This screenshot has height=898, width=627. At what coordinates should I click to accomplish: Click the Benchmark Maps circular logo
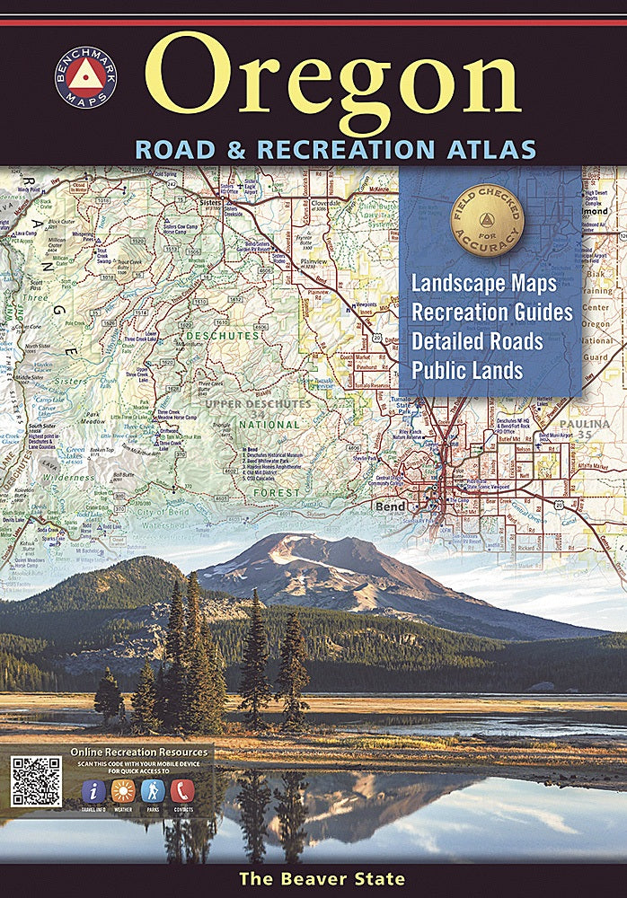pyautogui.click(x=85, y=77)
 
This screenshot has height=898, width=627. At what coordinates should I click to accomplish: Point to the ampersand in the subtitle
pyautogui.click(x=235, y=149)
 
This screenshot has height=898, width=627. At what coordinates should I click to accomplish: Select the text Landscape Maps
pyautogui.click(x=484, y=283)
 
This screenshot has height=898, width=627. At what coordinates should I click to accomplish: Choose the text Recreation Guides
pyautogui.click(x=492, y=313)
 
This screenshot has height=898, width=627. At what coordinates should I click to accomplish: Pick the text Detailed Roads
pyautogui.click(x=477, y=341)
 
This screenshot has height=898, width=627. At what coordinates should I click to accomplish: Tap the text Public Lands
pyautogui.click(x=467, y=370)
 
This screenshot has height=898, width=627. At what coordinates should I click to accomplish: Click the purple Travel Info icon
pyautogui.click(x=94, y=791)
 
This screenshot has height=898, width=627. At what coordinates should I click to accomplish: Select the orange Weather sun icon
pyautogui.click(x=123, y=791)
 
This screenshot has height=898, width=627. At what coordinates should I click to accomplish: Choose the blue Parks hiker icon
pyautogui.click(x=153, y=791)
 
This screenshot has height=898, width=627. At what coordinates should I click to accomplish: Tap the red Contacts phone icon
pyautogui.click(x=182, y=791)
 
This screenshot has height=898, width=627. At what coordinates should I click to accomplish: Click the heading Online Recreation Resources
pyautogui.click(x=138, y=752)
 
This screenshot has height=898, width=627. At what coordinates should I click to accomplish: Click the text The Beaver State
pyautogui.click(x=322, y=879)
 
